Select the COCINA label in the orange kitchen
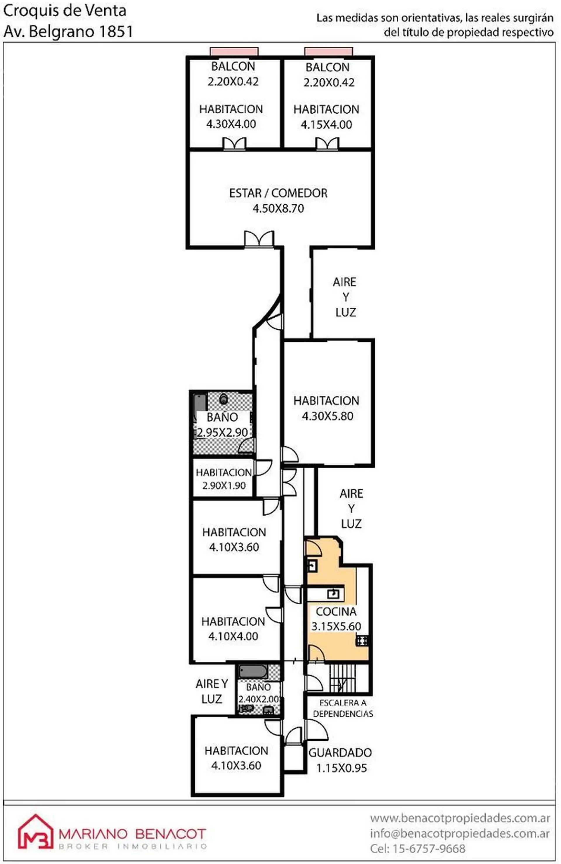(336, 611)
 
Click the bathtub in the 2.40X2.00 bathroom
(253, 671)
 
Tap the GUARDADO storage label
(340, 752)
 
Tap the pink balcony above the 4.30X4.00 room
(234, 52)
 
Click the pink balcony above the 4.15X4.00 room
(328, 52)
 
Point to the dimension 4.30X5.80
(327, 416)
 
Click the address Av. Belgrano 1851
(68, 32)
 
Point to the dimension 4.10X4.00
(233, 636)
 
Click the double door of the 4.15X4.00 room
(327, 144)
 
